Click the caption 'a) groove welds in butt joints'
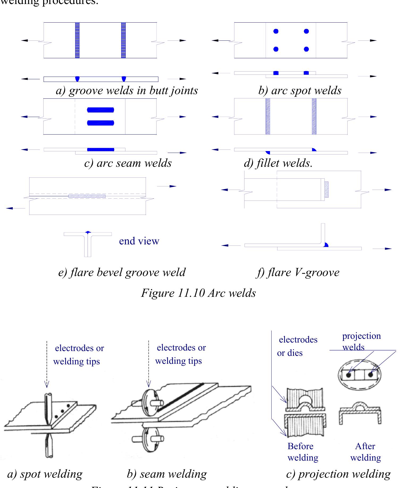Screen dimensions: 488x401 127,90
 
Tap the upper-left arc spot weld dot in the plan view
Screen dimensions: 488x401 276,31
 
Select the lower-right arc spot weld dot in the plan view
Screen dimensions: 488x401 306,49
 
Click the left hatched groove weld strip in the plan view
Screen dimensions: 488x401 77,40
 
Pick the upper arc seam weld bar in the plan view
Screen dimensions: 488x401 100,110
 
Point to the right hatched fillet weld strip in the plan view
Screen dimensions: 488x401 314,116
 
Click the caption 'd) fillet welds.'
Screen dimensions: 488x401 278,163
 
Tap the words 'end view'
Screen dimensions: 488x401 139,241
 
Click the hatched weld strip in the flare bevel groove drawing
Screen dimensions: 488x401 87,196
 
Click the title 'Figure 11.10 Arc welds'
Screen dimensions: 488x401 198,293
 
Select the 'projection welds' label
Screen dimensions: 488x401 361,341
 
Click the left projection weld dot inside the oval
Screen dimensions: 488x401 348,375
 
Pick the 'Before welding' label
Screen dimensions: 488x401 302,452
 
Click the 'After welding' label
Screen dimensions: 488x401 365,452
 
